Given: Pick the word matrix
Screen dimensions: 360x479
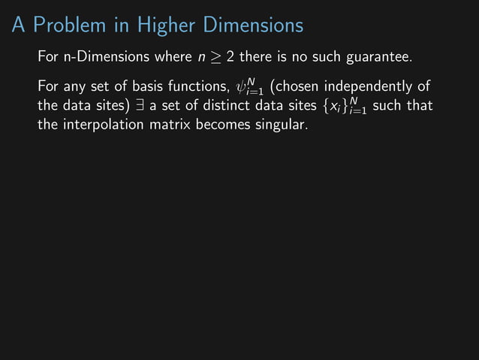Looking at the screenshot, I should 170,124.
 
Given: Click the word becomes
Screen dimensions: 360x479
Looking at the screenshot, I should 224,124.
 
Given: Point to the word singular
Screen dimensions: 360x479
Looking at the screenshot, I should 281,124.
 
